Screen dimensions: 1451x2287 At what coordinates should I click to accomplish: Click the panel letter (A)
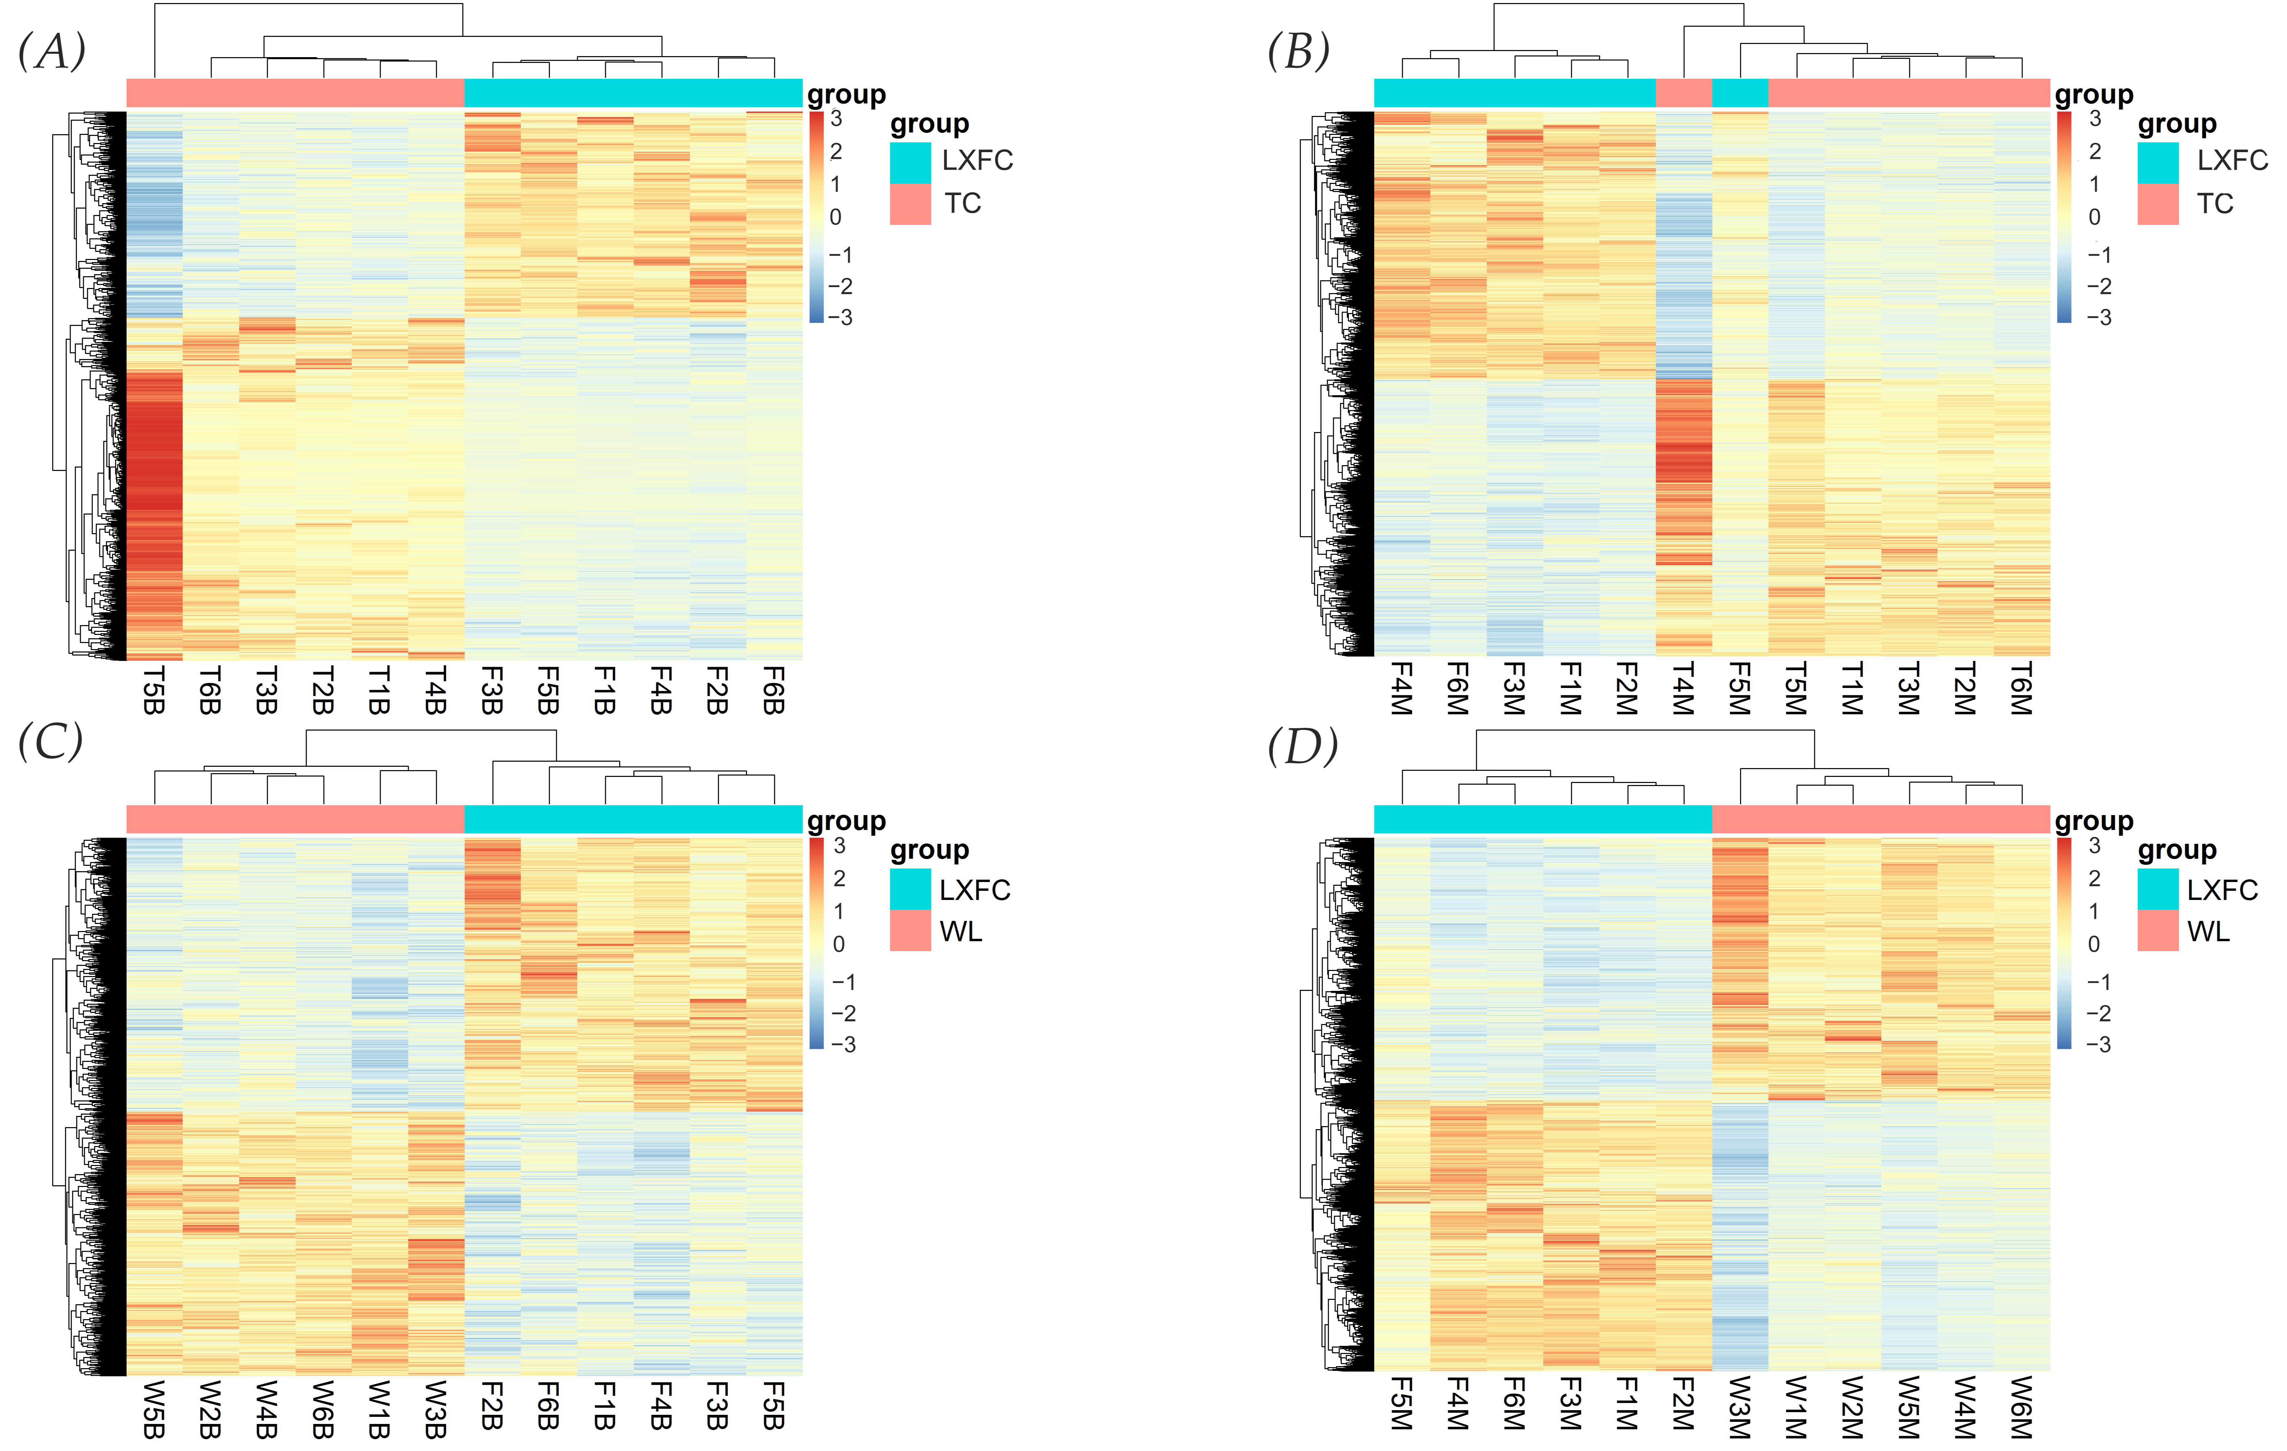(x=52, y=51)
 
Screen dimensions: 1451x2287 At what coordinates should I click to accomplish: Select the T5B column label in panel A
(x=154, y=690)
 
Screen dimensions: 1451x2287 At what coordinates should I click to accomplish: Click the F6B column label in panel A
(x=774, y=690)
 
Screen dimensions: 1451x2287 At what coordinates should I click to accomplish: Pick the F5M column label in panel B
(x=1740, y=690)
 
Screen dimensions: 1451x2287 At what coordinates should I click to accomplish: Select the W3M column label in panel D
(x=1740, y=1407)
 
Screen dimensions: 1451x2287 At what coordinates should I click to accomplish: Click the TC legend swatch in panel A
(x=910, y=204)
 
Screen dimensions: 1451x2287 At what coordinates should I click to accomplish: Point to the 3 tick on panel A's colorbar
(x=836, y=119)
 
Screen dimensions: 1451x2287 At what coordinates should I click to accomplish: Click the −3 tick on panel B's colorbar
(x=2099, y=317)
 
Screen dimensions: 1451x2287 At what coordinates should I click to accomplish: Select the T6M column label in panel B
(x=2021, y=690)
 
